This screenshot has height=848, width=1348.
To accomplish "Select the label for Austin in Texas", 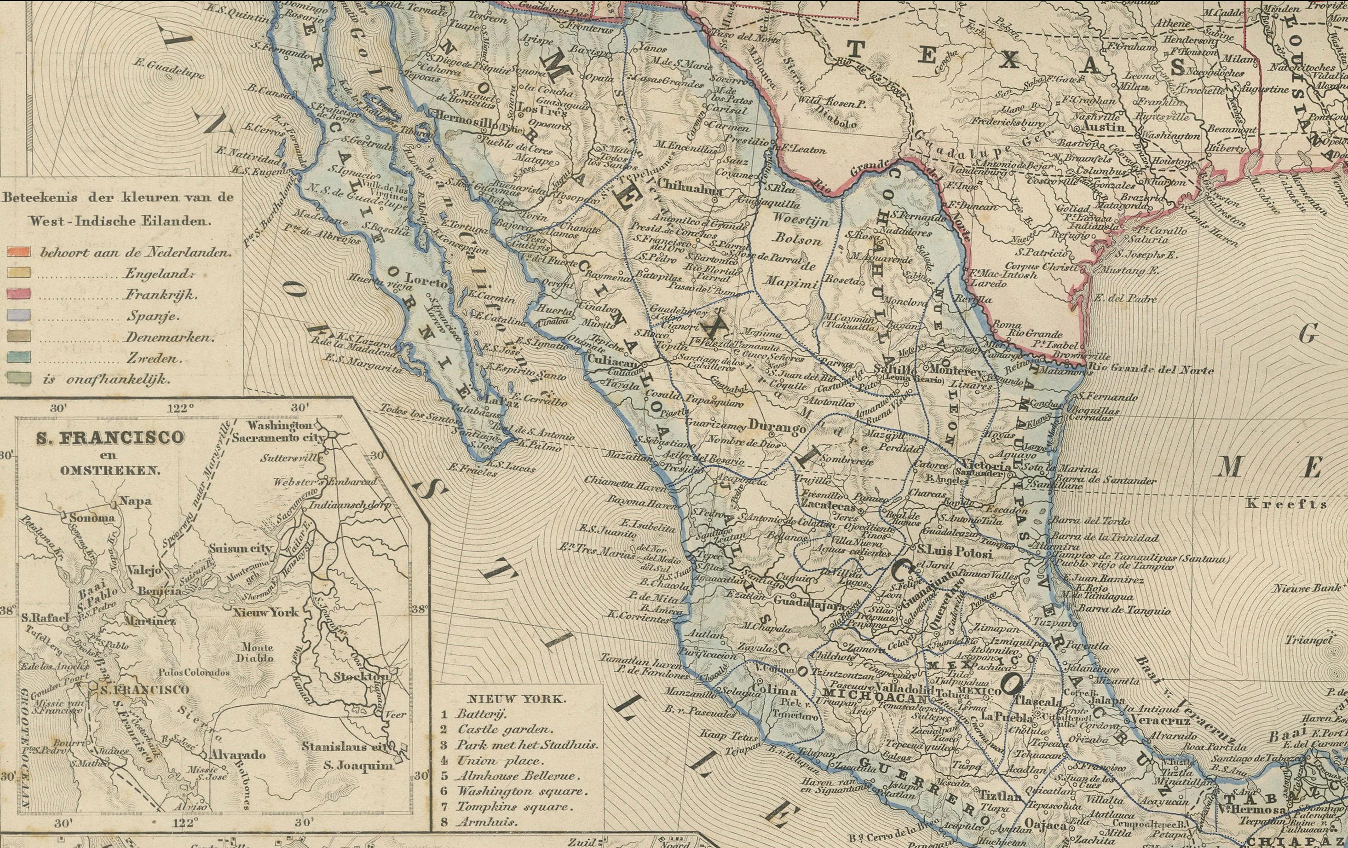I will click(1103, 128).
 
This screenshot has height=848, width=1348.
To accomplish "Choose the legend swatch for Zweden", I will click(18, 359).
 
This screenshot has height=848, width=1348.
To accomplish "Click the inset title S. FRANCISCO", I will click(109, 437).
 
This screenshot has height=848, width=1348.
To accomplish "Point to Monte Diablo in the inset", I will click(257, 652).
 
